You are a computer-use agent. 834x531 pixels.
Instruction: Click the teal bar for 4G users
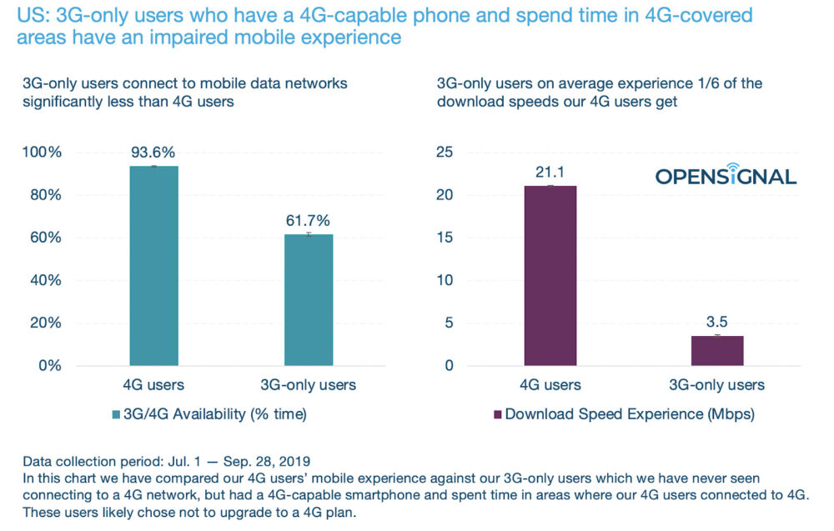[x=153, y=265]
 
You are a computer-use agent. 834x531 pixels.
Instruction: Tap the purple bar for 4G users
[x=550, y=275]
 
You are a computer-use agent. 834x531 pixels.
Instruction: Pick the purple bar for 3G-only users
[x=717, y=350]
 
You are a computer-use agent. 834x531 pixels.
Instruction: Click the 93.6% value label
[x=153, y=153]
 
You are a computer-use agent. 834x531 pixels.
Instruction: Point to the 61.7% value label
[x=309, y=220]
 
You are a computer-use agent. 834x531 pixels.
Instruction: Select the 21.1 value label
[x=550, y=173]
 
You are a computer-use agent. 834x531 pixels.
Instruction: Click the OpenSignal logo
[x=725, y=174]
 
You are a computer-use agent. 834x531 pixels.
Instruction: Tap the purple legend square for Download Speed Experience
[x=498, y=414]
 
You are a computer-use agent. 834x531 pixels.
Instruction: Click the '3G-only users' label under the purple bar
[x=717, y=384]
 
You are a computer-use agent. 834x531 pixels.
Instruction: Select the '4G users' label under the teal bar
[x=153, y=384]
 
